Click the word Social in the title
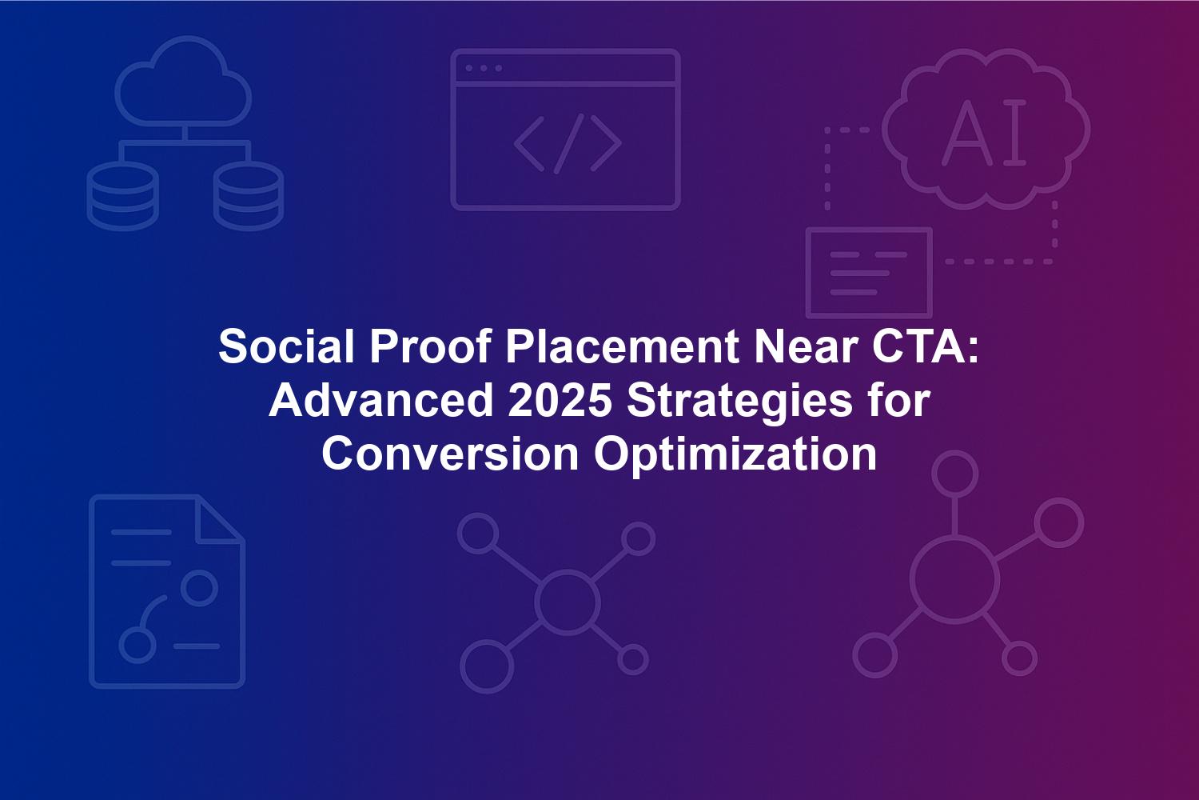coord(286,346)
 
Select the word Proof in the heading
coord(430,346)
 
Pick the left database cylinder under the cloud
coord(122,196)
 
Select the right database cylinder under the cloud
coord(249,196)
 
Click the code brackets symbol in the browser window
coord(568,144)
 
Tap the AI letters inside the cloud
coord(984,132)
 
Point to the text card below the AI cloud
coord(870,273)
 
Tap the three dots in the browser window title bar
coord(484,68)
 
